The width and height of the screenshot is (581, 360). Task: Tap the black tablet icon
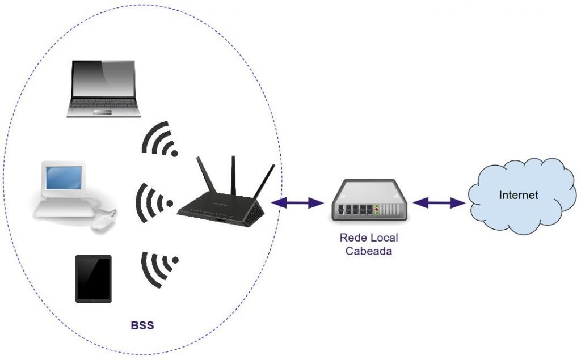tap(94, 278)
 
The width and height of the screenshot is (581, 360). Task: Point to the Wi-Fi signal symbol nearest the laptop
tap(160, 139)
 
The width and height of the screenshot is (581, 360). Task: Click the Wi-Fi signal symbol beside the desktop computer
tap(154, 201)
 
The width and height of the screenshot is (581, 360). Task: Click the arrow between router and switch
tap(298, 202)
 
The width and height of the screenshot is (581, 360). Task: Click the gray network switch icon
tap(367, 204)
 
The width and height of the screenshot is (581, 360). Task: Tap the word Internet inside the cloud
tap(518, 196)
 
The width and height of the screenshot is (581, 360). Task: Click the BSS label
tap(142, 326)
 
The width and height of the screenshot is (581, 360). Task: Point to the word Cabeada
tap(369, 251)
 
